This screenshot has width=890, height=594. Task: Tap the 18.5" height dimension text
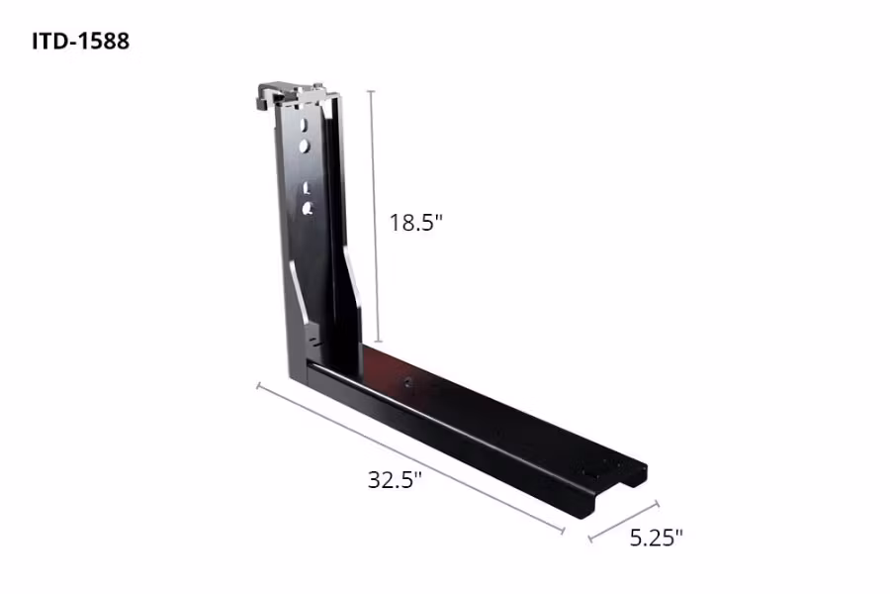pyautogui.click(x=415, y=223)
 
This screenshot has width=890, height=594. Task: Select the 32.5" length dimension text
pyautogui.click(x=395, y=480)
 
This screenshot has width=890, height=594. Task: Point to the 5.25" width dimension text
pyautogui.click(x=656, y=538)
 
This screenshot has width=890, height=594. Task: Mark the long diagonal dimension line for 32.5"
pyautogui.click(x=410, y=458)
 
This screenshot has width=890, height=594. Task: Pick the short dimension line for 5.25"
pyautogui.click(x=623, y=522)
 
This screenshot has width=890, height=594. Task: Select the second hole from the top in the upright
pyautogui.click(x=306, y=146)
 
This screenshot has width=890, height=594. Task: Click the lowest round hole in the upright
pyautogui.click(x=307, y=207)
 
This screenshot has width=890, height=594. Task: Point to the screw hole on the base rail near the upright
pyautogui.click(x=405, y=380)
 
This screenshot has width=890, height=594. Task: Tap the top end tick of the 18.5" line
pyautogui.click(x=372, y=90)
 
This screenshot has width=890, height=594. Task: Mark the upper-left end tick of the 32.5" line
pyautogui.click(x=259, y=385)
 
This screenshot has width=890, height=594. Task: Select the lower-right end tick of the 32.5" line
pyautogui.click(x=563, y=532)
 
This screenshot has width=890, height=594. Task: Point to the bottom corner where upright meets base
pyautogui.click(x=297, y=373)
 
